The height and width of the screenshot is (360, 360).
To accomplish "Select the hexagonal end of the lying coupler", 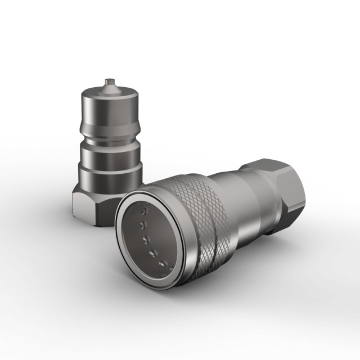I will click(x=281, y=186).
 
